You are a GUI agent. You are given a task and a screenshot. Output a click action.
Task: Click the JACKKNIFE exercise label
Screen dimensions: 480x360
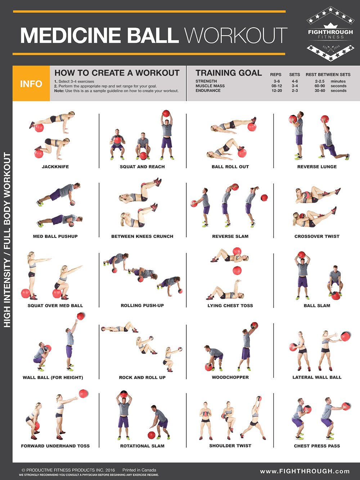click(x=55, y=167)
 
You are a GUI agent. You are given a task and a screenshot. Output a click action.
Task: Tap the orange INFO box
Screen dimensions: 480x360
click(x=31, y=84)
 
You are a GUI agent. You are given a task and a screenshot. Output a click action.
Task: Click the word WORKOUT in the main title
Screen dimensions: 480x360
click(x=236, y=35)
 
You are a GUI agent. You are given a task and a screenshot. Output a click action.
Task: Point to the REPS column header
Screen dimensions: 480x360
click(x=276, y=74)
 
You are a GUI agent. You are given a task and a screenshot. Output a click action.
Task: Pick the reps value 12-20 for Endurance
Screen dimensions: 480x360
click(x=277, y=91)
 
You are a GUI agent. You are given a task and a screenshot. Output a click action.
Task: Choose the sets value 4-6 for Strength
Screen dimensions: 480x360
click(x=294, y=81)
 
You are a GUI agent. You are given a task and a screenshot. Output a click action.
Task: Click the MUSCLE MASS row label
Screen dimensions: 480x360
click(x=210, y=86)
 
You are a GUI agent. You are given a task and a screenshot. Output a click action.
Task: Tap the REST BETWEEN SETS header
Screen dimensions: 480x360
click(x=328, y=74)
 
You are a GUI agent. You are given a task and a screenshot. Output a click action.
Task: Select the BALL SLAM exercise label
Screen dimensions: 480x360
click(x=317, y=305)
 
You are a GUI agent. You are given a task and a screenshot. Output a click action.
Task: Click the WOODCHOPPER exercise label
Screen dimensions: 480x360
click(x=230, y=377)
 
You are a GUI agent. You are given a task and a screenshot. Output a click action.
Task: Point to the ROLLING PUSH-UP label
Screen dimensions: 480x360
click(x=142, y=305)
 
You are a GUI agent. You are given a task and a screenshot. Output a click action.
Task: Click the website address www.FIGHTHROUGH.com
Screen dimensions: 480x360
click(x=305, y=471)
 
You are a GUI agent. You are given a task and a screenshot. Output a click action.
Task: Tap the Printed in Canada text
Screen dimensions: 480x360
click(x=139, y=470)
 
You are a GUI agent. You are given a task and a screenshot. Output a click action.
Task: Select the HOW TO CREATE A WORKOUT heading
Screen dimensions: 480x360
click(x=117, y=73)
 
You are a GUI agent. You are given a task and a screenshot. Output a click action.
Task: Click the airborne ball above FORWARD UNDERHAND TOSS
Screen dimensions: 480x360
click(x=84, y=393)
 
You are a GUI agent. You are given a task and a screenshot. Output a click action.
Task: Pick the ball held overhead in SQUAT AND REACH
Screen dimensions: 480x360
click(x=166, y=114)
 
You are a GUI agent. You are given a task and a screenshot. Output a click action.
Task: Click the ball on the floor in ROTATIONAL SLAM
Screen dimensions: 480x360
click(x=152, y=435)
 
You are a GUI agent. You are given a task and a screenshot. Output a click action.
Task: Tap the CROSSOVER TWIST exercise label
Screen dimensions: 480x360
click(x=317, y=236)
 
